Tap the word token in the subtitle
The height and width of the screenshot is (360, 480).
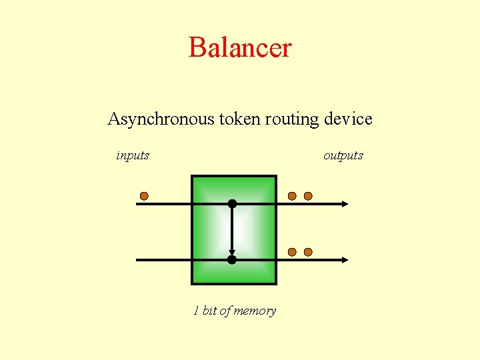(x=233, y=119)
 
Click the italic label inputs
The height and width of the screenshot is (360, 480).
(x=133, y=156)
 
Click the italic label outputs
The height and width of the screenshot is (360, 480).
(x=343, y=156)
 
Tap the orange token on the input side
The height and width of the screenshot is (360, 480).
(x=144, y=197)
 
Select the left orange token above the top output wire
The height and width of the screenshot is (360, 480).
(x=292, y=196)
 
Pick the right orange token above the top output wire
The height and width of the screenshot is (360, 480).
(x=308, y=196)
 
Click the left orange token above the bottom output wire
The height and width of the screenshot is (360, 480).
(x=292, y=252)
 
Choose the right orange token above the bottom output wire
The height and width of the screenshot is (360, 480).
(x=308, y=252)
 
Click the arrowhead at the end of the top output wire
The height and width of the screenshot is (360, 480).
(x=344, y=203)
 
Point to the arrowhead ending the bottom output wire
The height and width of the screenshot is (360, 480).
(x=344, y=259)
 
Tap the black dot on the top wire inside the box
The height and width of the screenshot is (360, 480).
(x=232, y=203)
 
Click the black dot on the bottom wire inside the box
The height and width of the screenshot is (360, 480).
(x=232, y=259)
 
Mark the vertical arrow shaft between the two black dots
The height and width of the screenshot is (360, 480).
(x=232, y=230)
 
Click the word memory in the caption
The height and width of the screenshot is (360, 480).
(x=254, y=311)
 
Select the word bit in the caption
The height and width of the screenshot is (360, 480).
(x=209, y=311)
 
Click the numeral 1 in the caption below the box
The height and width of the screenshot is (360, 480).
(x=196, y=311)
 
